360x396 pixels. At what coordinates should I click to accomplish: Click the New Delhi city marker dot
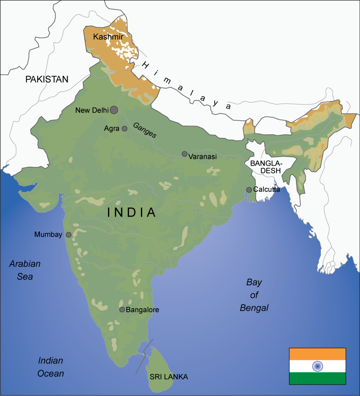tap(114, 110)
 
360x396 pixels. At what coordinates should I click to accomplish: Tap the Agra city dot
tap(124, 129)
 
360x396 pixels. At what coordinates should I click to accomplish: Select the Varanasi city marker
tap(184, 154)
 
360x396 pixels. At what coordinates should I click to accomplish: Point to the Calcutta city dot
tap(249, 190)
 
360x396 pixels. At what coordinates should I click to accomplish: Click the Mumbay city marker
tap(68, 235)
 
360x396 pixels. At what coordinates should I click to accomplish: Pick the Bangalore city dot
tap(122, 310)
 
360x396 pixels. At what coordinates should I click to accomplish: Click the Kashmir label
tap(105, 37)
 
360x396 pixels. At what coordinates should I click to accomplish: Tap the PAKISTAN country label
tap(47, 79)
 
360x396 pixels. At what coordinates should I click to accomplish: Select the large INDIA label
tap(132, 212)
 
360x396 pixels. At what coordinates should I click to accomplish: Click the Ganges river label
tap(144, 130)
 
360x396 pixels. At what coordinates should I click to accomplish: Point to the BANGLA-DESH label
tap(266, 167)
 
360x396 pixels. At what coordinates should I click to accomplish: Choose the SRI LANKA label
tap(169, 377)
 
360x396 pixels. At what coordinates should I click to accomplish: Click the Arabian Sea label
tap(25, 270)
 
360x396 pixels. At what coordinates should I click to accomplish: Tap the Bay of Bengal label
tap(254, 295)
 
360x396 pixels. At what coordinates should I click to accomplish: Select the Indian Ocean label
tap(50, 367)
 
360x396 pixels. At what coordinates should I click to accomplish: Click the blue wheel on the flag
tap(317, 366)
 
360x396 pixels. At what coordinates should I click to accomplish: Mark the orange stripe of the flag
tap(317, 354)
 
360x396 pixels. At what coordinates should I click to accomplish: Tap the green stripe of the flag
tap(317, 378)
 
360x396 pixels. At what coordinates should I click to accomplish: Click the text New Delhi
tap(92, 110)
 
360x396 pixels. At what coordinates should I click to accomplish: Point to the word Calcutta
tap(266, 190)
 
